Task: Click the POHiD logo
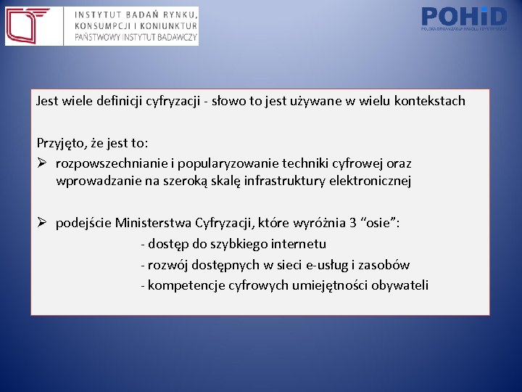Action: click(x=463, y=17)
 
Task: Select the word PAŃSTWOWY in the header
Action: click(x=100, y=38)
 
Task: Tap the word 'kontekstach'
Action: click(x=430, y=101)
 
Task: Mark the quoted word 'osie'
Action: click(x=378, y=223)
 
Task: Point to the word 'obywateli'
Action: click(x=400, y=285)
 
